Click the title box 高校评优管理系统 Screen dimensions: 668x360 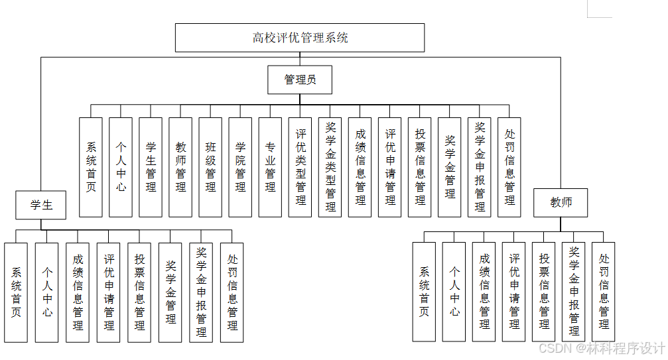[300, 38]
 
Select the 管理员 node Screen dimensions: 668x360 [300, 80]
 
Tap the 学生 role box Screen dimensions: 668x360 [41, 205]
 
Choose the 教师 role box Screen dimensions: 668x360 [561, 202]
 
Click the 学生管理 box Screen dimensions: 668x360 [151, 167]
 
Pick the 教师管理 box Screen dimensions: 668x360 [180, 167]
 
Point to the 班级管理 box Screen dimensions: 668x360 [210, 167]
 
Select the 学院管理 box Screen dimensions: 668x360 [240, 167]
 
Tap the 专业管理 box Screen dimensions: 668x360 [270, 167]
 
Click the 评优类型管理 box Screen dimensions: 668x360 [300, 167]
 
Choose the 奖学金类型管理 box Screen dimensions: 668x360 [330, 167]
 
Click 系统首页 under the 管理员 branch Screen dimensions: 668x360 [91, 167]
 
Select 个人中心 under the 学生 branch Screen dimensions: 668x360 [47, 292]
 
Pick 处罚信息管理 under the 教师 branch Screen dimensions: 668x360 [603, 292]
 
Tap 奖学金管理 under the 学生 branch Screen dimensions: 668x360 [170, 292]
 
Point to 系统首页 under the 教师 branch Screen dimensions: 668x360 [424, 292]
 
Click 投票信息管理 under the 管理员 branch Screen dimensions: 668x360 [420, 167]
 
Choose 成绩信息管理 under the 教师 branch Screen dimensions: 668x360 [484, 292]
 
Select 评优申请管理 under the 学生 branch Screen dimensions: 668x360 [109, 292]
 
